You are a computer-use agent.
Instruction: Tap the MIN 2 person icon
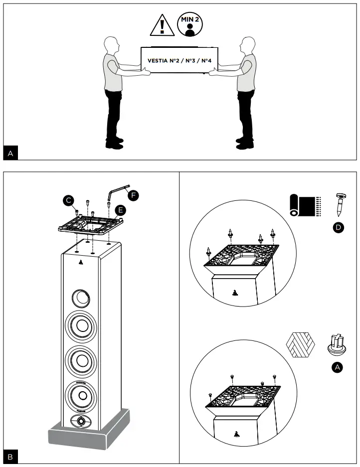[x=189, y=23]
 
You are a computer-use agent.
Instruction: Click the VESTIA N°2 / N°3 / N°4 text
[x=178, y=61]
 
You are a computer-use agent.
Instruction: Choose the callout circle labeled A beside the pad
[x=337, y=367]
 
